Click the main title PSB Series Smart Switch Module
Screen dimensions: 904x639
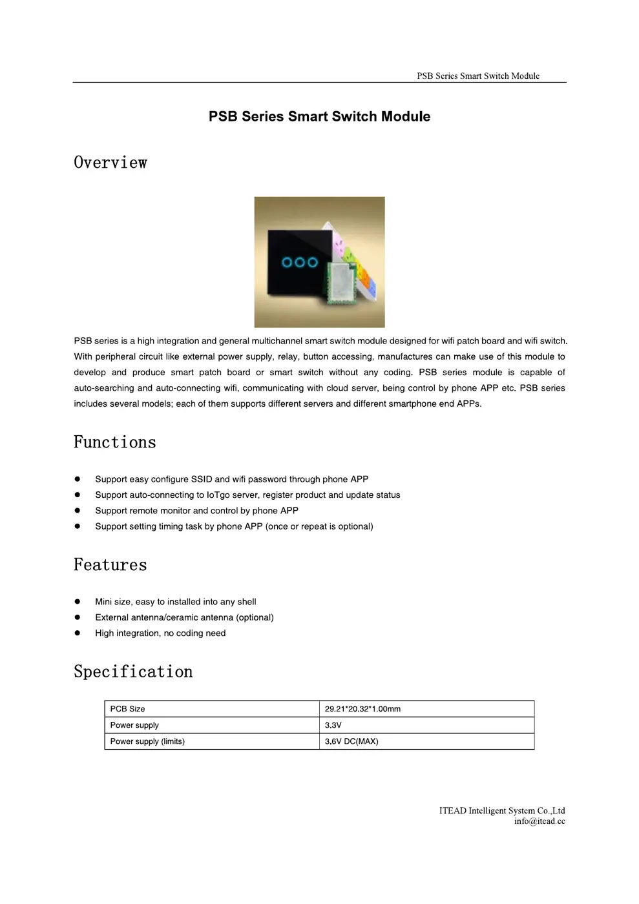pyautogui.click(x=319, y=116)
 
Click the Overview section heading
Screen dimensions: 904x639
pyautogui.click(x=110, y=163)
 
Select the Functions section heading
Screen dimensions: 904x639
pyautogui.click(x=115, y=442)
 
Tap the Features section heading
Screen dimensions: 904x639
pyautogui.click(x=110, y=565)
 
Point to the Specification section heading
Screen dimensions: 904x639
pyautogui.click(x=133, y=672)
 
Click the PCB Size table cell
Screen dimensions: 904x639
pyautogui.click(x=127, y=709)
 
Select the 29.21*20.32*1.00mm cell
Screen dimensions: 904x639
pyautogui.click(x=362, y=709)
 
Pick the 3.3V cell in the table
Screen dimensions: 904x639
pyautogui.click(x=333, y=725)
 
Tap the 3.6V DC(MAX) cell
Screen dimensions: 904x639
pyautogui.click(x=351, y=741)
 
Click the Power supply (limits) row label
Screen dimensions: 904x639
pyautogui.click(x=147, y=741)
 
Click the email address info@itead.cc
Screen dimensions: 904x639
pyautogui.click(x=539, y=821)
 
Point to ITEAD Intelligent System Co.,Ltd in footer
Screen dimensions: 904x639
pyautogui.click(x=502, y=810)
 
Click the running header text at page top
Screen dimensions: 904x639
pyautogui.click(x=478, y=76)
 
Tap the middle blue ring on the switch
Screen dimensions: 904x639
pyautogui.click(x=300, y=262)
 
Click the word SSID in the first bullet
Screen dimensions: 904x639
pyautogui.click(x=202, y=479)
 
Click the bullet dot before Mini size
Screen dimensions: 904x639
pyautogui.click(x=78, y=602)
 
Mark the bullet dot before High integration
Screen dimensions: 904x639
pyautogui.click(x=78, y=633)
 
